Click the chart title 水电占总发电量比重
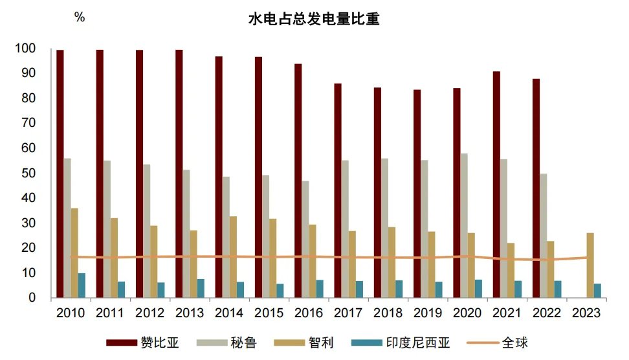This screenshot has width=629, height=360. [x=314, y=19]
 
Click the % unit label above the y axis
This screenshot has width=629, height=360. [x=80, y=18]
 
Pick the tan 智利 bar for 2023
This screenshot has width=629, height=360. [x=590, y=265]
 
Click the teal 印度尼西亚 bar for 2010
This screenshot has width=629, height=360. [x=82, y=286]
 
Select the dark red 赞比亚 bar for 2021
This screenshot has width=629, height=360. [x=496, y=185]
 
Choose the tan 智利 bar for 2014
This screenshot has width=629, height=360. [x=233, y=257]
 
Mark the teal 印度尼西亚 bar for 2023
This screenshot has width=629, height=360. [x=597, y=291]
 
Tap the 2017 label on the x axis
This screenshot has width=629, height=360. [x=349, y=313]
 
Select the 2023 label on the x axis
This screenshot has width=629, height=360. [x=588, y=313]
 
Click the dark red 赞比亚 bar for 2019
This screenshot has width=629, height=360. [x=417, y=194]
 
